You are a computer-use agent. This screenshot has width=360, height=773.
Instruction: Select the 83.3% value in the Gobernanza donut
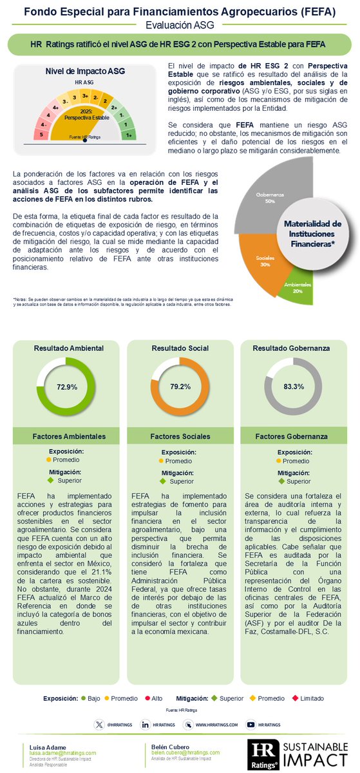(x=294, y=386)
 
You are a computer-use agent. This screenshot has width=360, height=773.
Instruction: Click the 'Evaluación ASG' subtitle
(x=180, y=25)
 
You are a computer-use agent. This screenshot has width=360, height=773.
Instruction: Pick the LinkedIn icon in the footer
(x=146, y=725)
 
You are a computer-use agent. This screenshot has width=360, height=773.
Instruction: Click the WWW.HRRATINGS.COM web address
(x=216, y=725)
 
